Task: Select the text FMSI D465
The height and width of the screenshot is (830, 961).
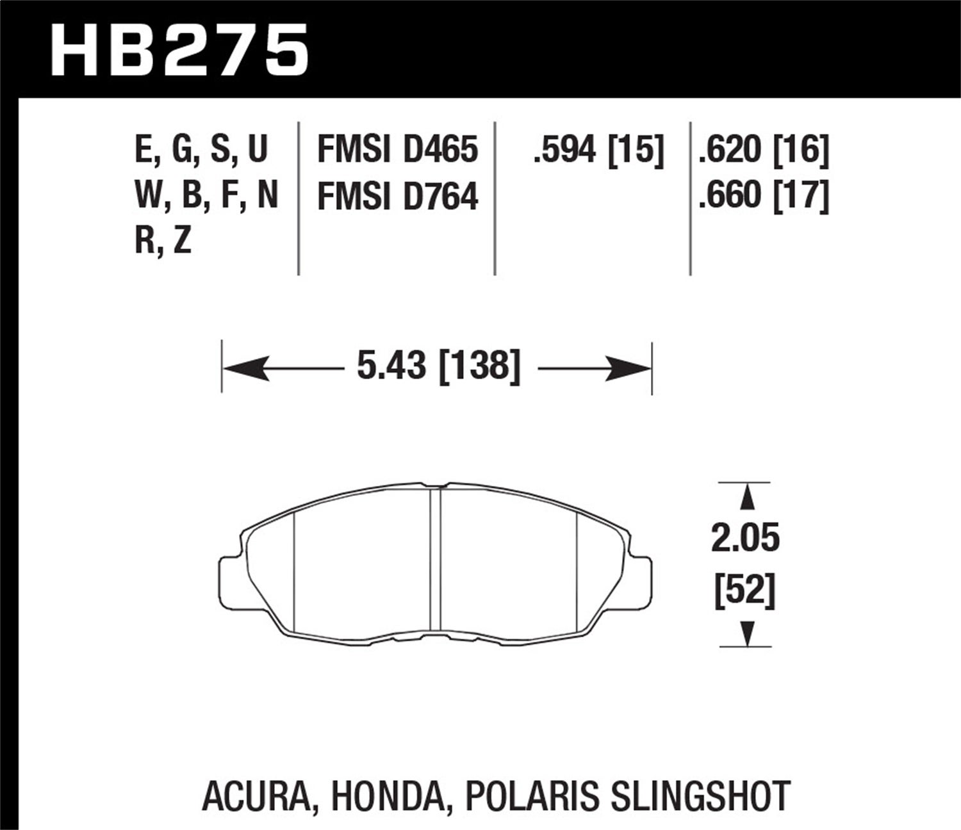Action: pyautogui.click(x=397, y=150)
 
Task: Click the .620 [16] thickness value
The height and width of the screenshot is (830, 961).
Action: pyautogui.click(x=764, y=150)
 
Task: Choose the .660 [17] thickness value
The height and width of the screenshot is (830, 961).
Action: pyautogui.click(x=764, y=196)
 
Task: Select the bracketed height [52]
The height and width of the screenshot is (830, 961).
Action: pyautogui.click(x=745, y=590)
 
